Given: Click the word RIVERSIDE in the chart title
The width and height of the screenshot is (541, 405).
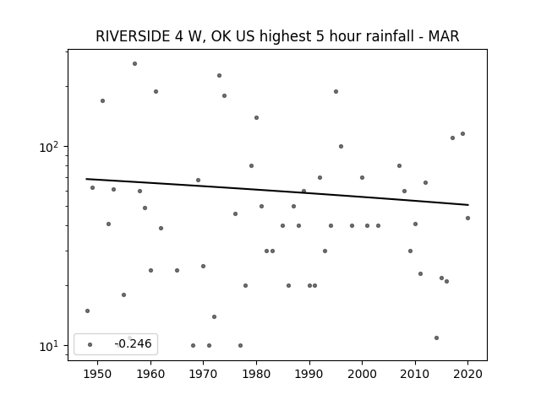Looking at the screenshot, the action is (x=133, y=36).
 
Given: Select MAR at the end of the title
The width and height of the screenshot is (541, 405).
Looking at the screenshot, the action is (x=444, y=36).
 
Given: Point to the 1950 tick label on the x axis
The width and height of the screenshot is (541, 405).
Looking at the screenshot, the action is (x=98, y=374).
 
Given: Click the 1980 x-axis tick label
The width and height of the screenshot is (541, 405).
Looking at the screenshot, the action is (x=256, y=374).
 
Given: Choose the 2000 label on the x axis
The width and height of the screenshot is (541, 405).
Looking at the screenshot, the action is (x=362, y=374).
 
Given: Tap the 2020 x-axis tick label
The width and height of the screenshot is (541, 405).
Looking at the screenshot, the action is (x=467, y=374).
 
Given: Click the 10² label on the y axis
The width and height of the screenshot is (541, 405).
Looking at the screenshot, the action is (x=49, y=147).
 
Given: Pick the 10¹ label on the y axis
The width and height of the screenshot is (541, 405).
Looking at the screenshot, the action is (x=49, y=346).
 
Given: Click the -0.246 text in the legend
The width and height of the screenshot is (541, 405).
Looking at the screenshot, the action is (x=134, y=343).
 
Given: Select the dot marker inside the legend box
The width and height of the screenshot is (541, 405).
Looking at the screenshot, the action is (x=90, y=344).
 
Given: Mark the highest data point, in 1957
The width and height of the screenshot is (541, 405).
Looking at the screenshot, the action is (x=135, y=64).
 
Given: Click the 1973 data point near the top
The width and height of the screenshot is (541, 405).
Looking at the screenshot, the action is (x=220, y=75).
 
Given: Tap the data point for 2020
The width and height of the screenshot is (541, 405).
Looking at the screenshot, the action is (x=467, y=218).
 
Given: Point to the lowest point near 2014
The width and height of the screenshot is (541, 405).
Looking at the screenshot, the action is (x=436, y=337).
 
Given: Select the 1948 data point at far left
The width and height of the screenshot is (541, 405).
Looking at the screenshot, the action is (x=88, y=311).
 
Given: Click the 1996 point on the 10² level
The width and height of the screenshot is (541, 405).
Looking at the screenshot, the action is (x=341, y=146).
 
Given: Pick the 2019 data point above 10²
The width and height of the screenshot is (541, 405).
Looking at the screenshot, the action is (x=462, y=133).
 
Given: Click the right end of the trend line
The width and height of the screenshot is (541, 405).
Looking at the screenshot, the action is (x=468, y=205).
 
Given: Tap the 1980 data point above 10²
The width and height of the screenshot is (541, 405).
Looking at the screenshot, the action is (x=256, y=118).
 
